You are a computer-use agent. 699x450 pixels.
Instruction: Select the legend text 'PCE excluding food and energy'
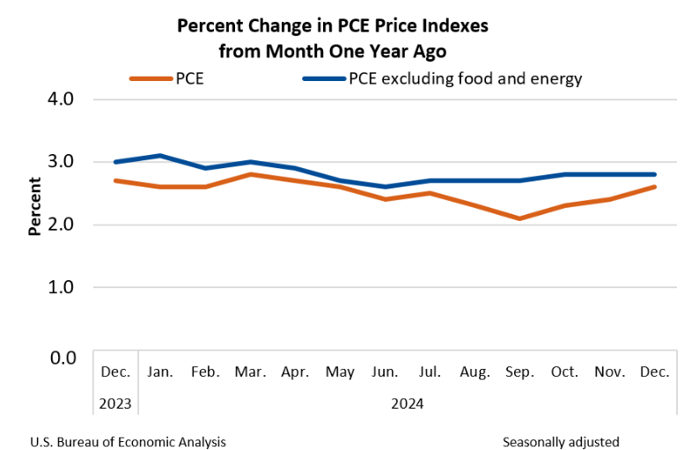[x=466, y=79]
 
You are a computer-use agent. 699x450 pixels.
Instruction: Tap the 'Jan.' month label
[x=160, y=373]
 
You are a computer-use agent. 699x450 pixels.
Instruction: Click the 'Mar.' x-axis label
[x=251, y=373]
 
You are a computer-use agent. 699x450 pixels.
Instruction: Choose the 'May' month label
[x=341, y=373]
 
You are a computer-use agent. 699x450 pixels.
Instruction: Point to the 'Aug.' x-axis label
[x=475, y=373]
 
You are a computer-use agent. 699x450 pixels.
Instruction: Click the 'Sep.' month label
[x=520, y=373]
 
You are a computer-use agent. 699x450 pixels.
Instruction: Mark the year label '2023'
[x=114, y=404]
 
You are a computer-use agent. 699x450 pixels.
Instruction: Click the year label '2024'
[x=408, y=404]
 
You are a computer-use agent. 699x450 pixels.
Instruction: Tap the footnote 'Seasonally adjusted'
[x=561, y=441]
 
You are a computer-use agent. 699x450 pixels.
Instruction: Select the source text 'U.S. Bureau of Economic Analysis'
[x=128, y=441]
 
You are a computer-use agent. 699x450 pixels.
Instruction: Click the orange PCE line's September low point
[x=520, y=218]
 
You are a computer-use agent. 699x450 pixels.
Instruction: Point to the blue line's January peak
[x=159, y=156]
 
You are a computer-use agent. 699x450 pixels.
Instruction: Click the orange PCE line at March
[x=251, y=174]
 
